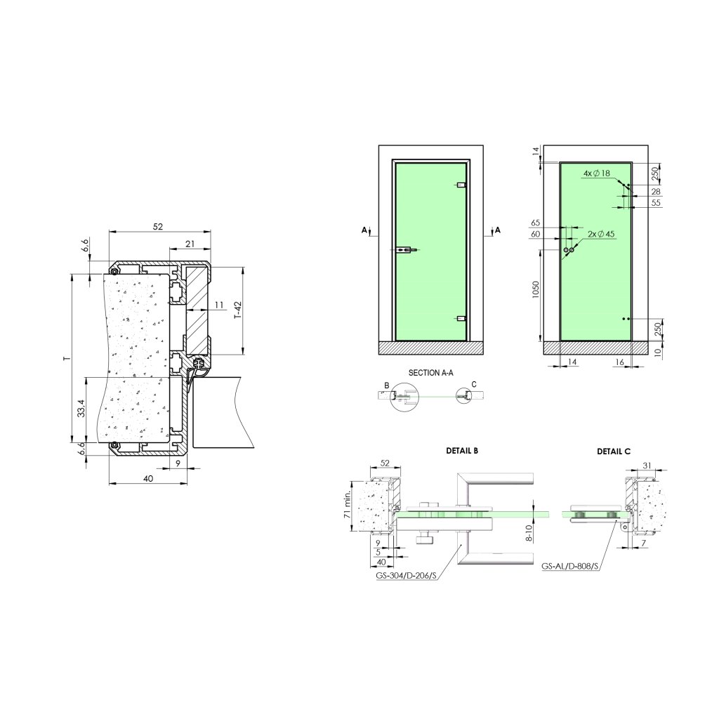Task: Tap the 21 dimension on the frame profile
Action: [190, 244]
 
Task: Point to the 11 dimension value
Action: [219, 305]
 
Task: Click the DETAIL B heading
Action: [462, 451]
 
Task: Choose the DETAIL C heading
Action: [614, 451]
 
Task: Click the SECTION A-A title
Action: [430, 373]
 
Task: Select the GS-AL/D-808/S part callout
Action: [570, 567]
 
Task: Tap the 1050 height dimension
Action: [536, 289]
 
